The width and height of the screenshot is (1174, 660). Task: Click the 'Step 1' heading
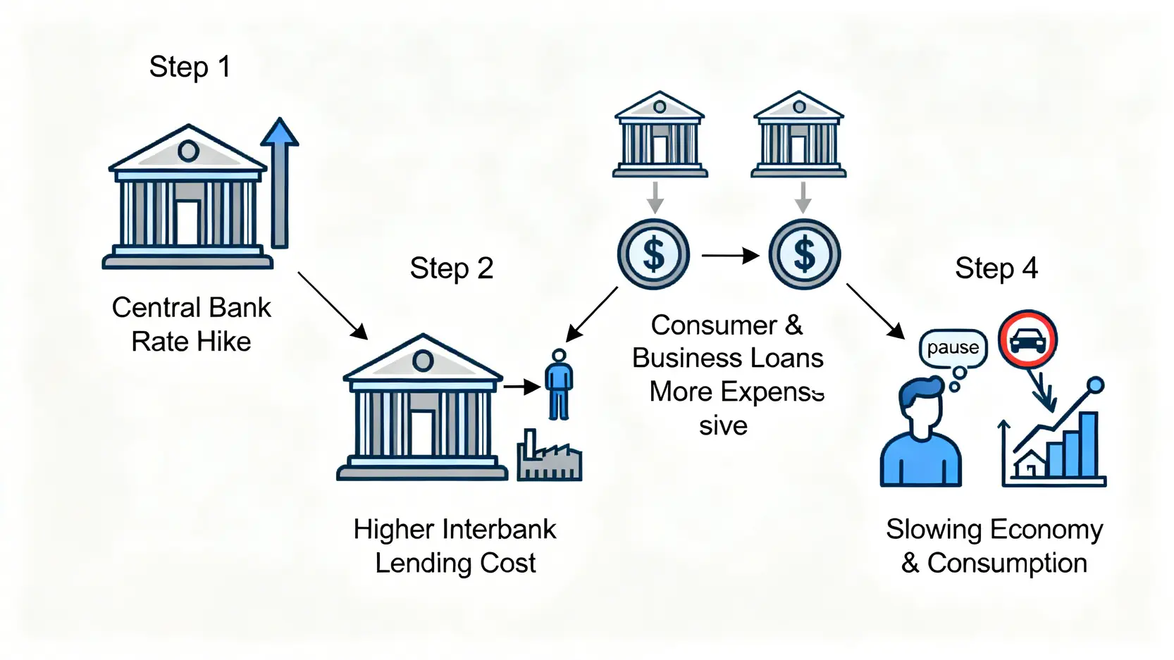click(190, 68)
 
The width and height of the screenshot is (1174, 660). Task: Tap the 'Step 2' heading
click(451, 269)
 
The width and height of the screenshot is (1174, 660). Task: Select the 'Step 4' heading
click(996, 269)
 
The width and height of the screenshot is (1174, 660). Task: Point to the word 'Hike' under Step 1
click(226, 342)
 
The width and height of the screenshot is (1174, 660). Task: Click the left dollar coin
click(653, 254)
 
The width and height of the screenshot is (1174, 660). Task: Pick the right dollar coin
click(804, 254)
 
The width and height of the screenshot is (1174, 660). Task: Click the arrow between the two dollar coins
click(729, 256)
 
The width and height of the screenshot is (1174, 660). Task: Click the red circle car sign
click(1027, 340)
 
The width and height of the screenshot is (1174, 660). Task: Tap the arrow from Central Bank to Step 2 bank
click(332, 305)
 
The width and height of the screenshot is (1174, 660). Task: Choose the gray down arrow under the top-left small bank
click(655, 197)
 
